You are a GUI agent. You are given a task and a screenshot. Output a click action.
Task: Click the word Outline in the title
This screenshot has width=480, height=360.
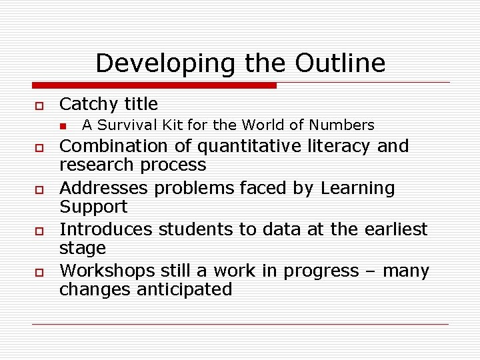tap(340, 63)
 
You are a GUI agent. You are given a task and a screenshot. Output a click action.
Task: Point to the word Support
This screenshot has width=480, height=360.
tap(93, 207)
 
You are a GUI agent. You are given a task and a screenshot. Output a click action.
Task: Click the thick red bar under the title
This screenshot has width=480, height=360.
tap(154, 85)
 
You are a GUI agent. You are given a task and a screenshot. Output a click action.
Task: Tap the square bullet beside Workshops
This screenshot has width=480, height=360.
tap(39, 273)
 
